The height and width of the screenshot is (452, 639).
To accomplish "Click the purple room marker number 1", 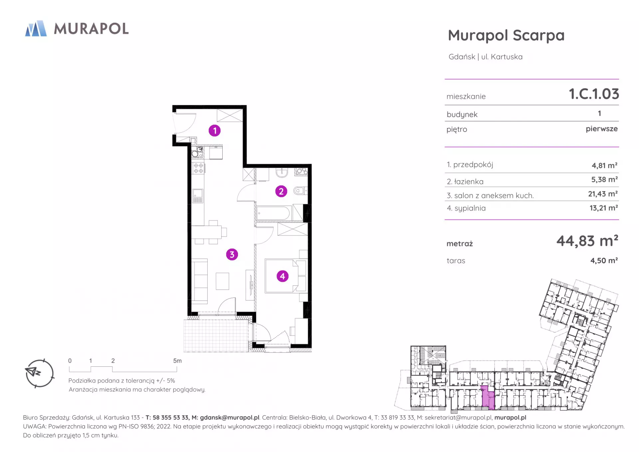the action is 215,131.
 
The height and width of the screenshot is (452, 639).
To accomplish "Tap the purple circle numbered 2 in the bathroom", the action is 281,191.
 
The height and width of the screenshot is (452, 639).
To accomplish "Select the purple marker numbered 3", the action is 232,254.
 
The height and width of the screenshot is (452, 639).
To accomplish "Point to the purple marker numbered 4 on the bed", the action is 283,276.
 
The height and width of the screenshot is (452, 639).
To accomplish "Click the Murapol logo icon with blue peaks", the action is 36,28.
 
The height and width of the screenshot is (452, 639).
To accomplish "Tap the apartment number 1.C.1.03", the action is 594,94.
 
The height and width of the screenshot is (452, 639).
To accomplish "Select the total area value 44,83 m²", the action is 587,240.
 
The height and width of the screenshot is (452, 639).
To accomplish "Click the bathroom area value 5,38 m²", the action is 604,180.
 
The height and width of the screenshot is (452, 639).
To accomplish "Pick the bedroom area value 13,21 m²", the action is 604,208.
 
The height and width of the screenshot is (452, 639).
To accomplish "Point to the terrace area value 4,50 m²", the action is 604,260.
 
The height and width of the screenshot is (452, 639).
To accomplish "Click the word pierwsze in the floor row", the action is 602,129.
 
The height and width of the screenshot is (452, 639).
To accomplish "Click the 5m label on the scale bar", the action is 177,361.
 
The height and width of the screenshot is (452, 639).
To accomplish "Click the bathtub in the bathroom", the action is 274,213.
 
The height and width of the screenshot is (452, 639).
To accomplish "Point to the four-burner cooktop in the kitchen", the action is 199,168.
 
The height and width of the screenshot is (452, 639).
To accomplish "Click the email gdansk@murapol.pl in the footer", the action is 230,418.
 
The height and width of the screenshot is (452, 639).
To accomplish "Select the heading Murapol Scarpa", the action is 506,35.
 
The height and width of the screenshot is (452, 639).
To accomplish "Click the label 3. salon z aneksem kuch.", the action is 490,196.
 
